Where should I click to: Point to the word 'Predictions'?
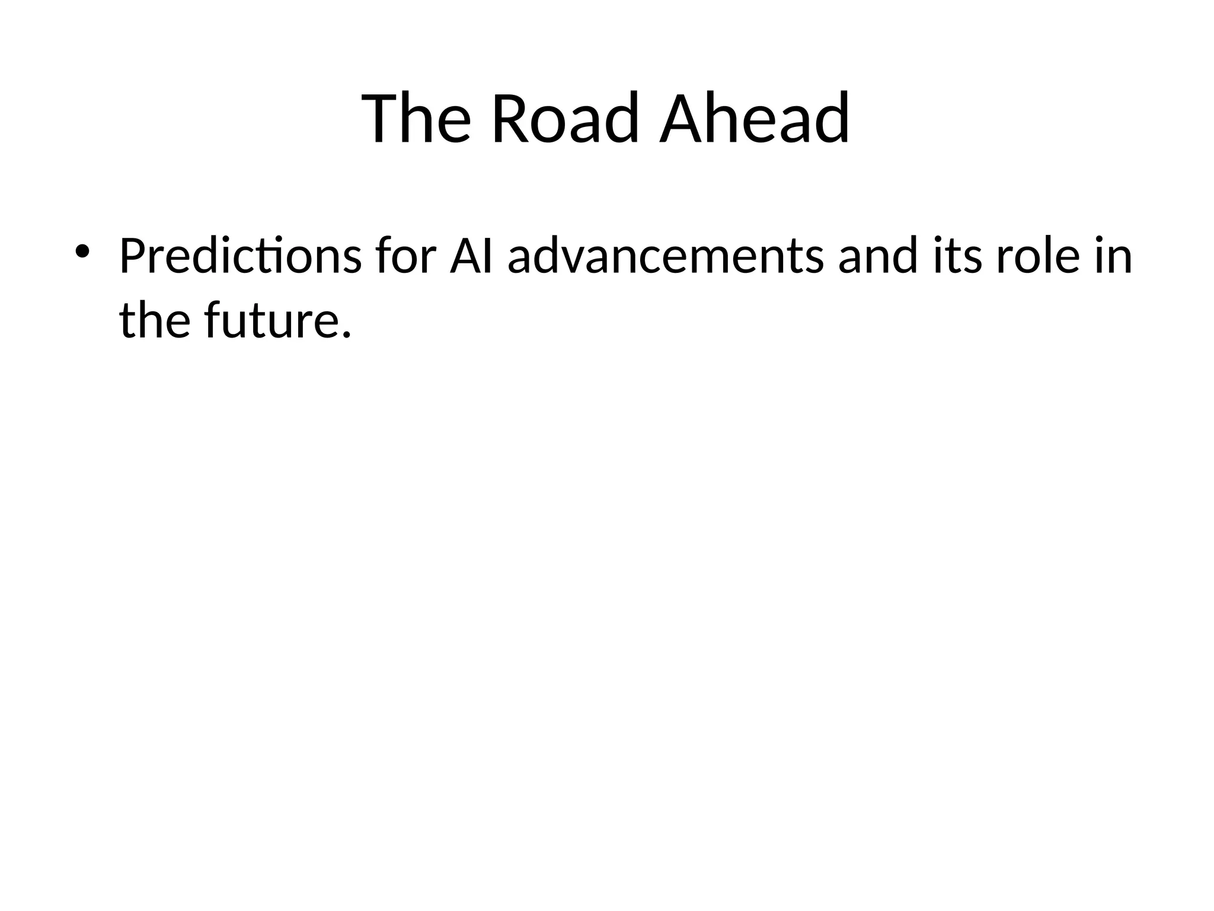point(240,257)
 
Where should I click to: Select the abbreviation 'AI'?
point(471,257)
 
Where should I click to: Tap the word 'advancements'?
point(665,257)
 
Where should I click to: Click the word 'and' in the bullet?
point(878,257)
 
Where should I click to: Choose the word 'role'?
point(1037,257)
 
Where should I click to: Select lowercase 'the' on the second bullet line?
point(155,321)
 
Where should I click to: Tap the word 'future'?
point(270,321)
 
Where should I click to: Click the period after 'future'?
point(347,336)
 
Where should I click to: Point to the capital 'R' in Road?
point(510,118)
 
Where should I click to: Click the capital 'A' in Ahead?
point(681,118)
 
